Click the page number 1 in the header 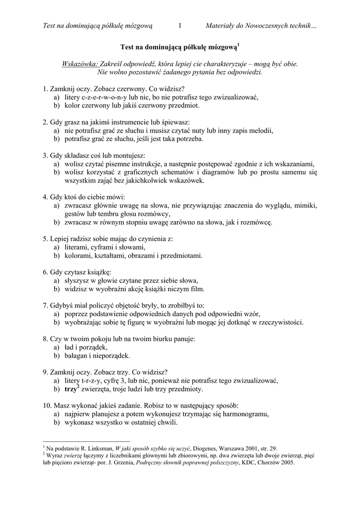point(180,25)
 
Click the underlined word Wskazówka point(80,64)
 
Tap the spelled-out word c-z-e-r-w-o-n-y point(103,97)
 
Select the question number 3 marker point(45,156)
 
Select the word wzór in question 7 point(251,314)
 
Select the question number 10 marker point(47,406)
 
